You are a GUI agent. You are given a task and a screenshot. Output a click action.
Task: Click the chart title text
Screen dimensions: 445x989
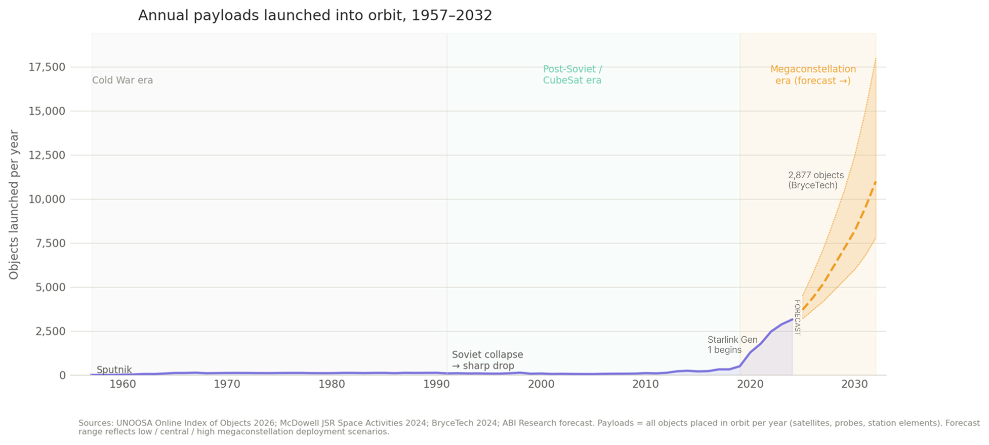point(315,16)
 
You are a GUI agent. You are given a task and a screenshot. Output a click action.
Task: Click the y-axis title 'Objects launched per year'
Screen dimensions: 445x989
point(14,205)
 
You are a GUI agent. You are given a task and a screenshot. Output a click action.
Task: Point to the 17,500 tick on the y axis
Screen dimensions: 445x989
point(47,67)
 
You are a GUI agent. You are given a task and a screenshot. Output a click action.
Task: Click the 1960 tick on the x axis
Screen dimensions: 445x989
point(122,384)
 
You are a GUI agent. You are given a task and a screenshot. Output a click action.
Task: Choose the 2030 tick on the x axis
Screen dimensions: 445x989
point(854,384)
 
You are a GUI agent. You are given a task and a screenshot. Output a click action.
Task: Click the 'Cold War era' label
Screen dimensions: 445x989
point(122,80)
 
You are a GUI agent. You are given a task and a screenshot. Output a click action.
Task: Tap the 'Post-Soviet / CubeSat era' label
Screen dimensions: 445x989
point(572,75)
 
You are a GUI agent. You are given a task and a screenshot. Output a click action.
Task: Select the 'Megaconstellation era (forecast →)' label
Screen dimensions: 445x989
point(813,75)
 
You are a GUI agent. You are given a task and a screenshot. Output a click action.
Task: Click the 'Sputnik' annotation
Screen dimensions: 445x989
point(114,370)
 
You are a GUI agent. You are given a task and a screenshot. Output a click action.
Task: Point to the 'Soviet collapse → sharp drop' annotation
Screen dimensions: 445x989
point(487,360)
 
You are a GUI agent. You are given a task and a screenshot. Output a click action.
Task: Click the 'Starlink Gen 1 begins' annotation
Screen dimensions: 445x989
point(732,345)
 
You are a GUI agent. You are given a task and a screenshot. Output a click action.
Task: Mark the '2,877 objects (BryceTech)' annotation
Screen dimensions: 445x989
point(815,180)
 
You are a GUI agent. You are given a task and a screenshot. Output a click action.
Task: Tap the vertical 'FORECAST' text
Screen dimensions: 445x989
point(797,318)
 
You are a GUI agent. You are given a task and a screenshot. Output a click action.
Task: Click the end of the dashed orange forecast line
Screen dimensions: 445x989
point(875,182)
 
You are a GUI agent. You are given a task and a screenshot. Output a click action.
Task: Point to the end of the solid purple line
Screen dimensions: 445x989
point(792,319)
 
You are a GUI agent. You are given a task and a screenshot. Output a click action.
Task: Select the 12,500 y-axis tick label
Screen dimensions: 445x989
point(47,155)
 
